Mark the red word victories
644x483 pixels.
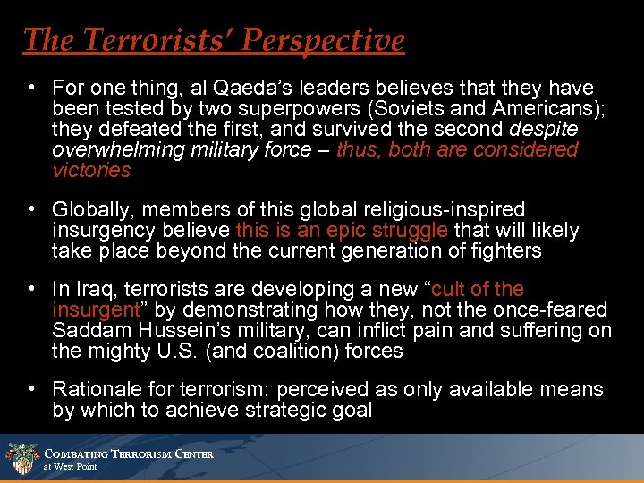pyautogui.click(x=91, y=170)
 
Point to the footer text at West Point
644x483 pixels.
pyautogui.click(x=71, y=467)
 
